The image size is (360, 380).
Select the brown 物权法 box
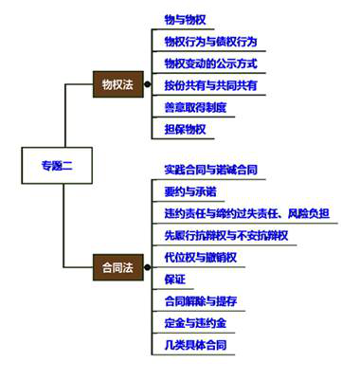click(118, 84)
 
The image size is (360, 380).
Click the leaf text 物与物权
click(186, 19)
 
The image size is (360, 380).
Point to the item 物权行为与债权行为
click(210, 42)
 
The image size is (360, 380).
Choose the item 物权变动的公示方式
click(210, 63)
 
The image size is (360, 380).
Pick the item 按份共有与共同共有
click(210, 85)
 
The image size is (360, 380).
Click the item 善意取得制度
click(195, 107)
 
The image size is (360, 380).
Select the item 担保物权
click(186, 130)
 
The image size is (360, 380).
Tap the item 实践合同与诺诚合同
click(210, 170)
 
